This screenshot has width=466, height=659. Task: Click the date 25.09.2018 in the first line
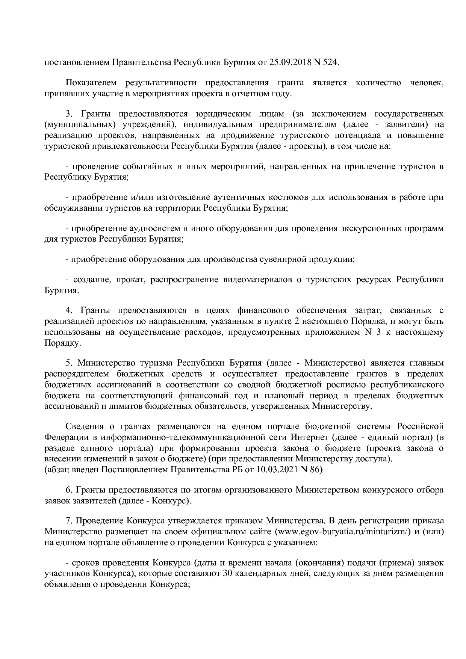pyautogui.click(x=290, y=62)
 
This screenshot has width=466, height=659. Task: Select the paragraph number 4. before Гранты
pyautogui.click(x=69, y=310)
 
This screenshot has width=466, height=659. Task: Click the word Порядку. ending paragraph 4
pyautogui.click(x=62, y=343)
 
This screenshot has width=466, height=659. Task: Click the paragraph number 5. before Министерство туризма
pyautogui.click(x=69, y=363)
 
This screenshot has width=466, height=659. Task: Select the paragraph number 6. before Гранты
pyautogui.click(x=69, y=490)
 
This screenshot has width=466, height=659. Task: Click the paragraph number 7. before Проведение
pyautogui.click(x=69, y=521)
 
